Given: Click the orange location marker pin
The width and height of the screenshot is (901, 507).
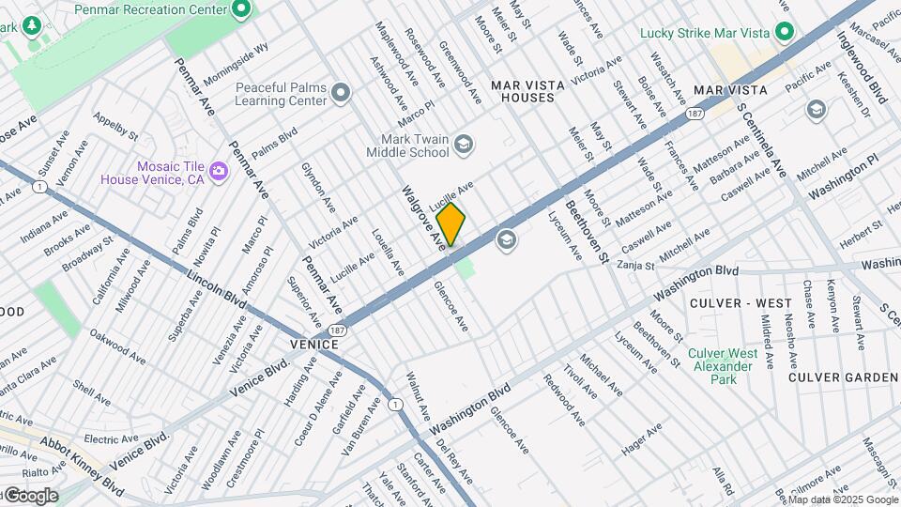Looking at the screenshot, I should (x=450, y=224).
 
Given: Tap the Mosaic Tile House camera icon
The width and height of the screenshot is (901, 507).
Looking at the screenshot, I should (x=219, y=171).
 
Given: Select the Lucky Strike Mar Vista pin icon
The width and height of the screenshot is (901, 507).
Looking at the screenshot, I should (x=784, y=33).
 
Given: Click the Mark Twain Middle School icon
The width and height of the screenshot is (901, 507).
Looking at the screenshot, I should (x=463, y=144).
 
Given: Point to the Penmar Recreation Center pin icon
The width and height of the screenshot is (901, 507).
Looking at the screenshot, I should (x=241, y=10).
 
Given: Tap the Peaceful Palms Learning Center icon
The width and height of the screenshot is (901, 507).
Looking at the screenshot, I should (x=341, y=92).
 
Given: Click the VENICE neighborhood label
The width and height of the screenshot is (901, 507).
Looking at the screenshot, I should (x=313, y=345).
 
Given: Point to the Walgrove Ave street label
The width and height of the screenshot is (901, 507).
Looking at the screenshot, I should (x=424, y=218).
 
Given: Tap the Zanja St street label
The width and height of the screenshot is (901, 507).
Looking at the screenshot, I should (x=635, y=266).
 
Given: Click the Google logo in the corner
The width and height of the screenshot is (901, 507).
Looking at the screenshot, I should (x=30, y=496).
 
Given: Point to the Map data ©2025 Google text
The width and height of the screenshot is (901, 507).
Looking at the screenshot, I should (x=843, y=499).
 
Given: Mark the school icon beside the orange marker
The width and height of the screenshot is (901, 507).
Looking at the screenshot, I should (x=507, y=241).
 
